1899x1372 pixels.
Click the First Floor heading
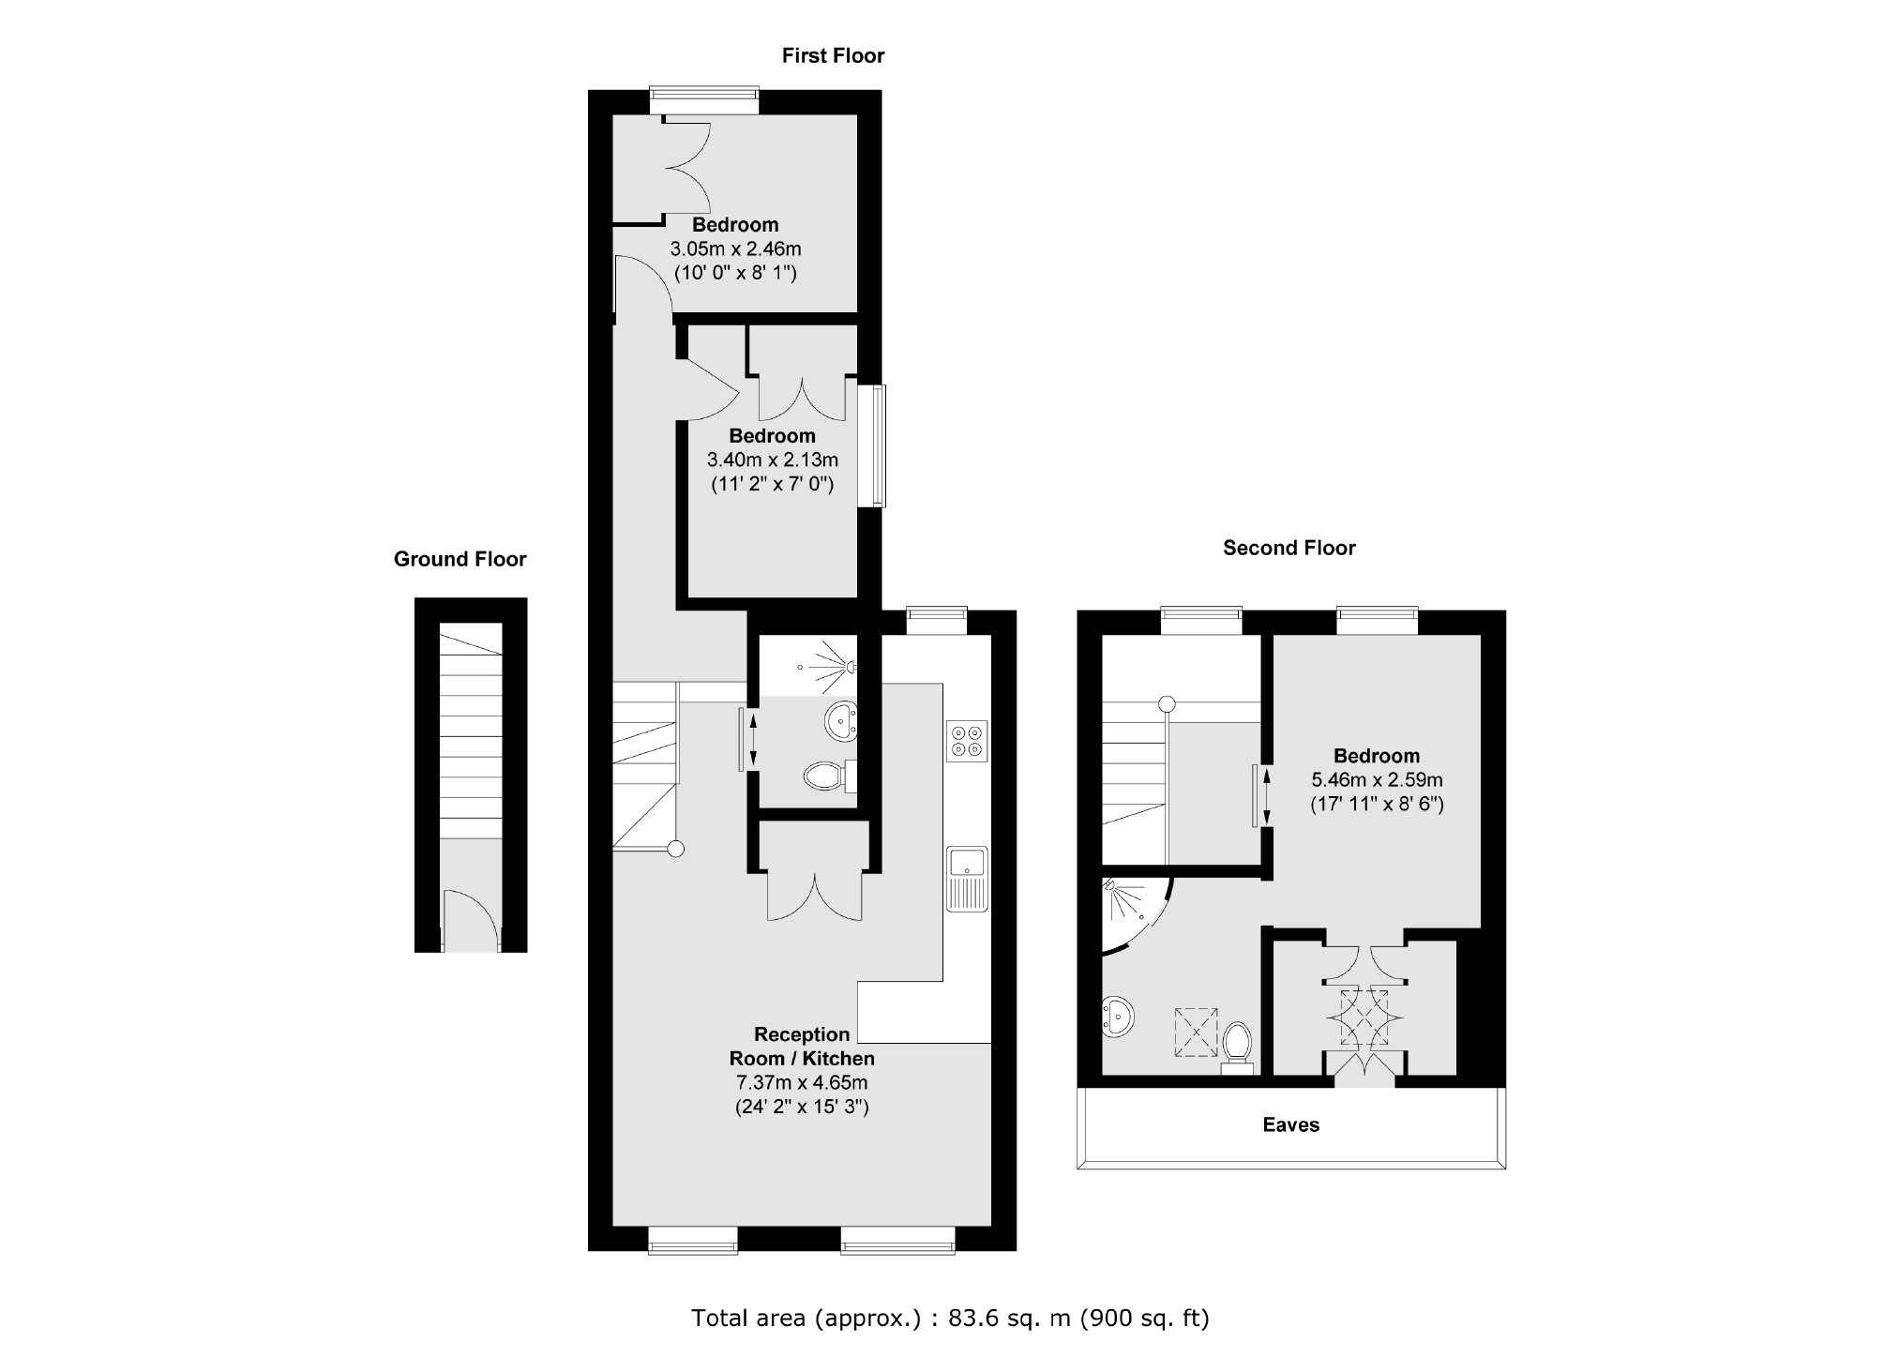click(833, 56)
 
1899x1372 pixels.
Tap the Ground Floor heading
click(460, 559)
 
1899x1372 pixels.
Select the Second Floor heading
click(1289, 548)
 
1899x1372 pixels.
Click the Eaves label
click(1290, 1124)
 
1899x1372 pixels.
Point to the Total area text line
click(950, 1318)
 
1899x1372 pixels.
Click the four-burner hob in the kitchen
click(967, 741)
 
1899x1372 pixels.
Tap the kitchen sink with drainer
click(967, 879)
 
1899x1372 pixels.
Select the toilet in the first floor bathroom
click(826, 776)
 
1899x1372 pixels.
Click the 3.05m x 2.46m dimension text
click(735, 249)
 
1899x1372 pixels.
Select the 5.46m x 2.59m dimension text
click(1377, 779)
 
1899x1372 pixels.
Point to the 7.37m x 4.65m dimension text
click(802, 1082)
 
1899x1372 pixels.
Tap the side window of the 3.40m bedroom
click(878, 446)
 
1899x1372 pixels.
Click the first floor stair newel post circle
click(675, 850)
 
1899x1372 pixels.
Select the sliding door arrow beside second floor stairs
click(1266, 796)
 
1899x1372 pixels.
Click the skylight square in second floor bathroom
click(1196, 1033)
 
